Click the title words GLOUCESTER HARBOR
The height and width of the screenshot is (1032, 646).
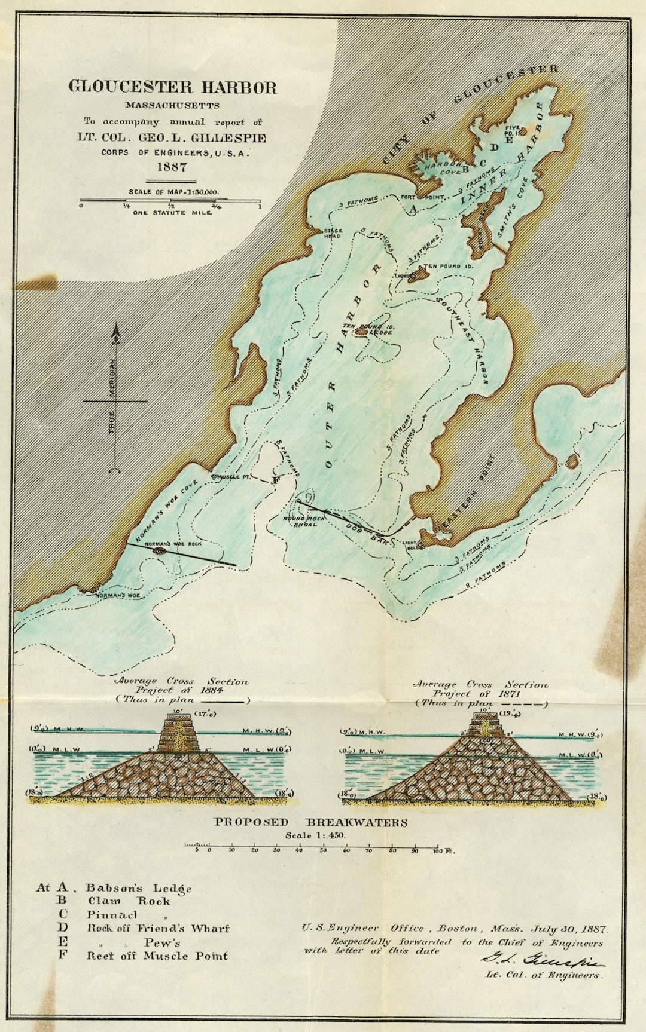coord(172,87)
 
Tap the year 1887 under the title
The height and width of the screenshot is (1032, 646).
coord(172,167)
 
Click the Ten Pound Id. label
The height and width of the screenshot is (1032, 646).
coord(449,265)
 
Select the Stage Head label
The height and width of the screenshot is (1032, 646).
coord(333,233)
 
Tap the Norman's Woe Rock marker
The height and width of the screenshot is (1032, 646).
coord(159,550)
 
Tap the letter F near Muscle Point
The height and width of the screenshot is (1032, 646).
coord(275,480)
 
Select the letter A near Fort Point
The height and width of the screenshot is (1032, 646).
coord(412,207)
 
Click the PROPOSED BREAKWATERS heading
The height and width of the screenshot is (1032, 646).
coord(311,822)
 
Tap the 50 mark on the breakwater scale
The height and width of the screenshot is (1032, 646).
coord(323,849)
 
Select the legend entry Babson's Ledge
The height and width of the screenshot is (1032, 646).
coord(138,888)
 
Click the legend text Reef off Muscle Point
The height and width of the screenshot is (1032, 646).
coord(157,956)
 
